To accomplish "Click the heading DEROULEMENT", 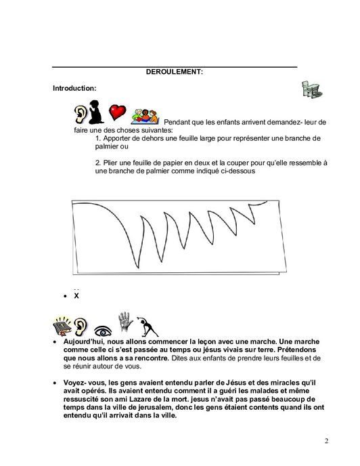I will coord(175,71).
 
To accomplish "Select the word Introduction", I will coord(74,88).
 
